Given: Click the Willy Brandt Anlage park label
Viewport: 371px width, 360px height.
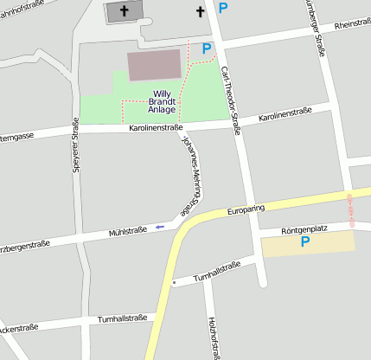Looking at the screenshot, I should tap(163, 101).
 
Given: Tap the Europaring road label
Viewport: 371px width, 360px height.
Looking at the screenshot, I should tap(245, 209).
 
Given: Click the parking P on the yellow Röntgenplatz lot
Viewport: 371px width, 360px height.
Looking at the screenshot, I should tap(304, 243).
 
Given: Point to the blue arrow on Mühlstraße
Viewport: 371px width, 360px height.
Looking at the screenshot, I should tap(159, 228).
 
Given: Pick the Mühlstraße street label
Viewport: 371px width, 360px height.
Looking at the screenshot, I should tap(127, 231).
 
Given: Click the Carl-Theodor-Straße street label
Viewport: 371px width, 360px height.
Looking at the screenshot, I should tap(230, 100).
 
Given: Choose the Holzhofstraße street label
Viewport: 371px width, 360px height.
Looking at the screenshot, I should tap(212, 337).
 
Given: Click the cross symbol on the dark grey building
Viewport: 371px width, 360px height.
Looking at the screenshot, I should tap(125, 11).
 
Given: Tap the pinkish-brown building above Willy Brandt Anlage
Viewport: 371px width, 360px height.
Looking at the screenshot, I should tap(155, 65).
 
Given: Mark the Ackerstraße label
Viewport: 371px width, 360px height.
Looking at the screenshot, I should tap(21, 330).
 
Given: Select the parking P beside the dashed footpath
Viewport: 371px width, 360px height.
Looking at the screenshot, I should tap(206, 49).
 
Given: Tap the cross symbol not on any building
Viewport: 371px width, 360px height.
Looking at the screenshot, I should tap(201, 11).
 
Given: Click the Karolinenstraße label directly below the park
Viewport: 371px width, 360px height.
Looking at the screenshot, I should tap(156, 128).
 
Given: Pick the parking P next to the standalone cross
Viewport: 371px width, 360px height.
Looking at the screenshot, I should tap(223, 9).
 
